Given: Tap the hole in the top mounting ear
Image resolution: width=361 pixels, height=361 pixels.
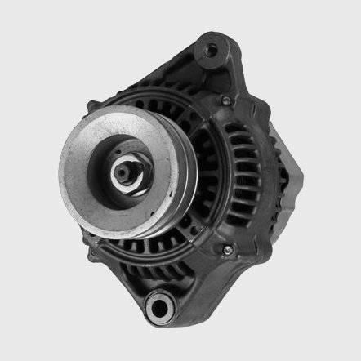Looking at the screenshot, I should pyautogui.click(x=211, y=51).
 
